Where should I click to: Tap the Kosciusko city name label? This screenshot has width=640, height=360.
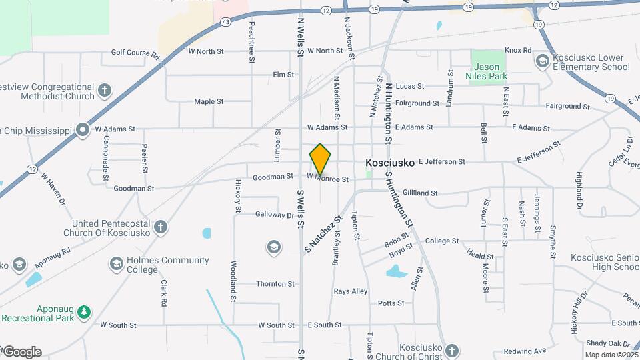coord(390,162)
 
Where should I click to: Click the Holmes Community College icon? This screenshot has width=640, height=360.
coord(117,265)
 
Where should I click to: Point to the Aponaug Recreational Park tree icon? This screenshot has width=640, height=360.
coord(83,312)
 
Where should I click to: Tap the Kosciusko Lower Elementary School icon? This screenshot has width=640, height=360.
coord(542,62)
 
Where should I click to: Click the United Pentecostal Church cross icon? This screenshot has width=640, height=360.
coord(160,228)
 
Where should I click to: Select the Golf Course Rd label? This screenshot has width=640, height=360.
coord(135,52)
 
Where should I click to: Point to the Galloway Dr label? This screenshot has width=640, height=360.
coord(274,215)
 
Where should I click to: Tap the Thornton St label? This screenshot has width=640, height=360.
coord(275,283)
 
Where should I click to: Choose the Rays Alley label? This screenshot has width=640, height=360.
coord(351,291)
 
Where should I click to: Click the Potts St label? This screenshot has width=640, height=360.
coord(391,303)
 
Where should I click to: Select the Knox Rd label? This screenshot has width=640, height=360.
coord(518,50)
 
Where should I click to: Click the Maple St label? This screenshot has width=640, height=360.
coord(209,101)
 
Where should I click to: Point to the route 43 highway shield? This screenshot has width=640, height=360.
coord(227,21)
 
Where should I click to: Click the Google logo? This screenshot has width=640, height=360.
coord(21,352)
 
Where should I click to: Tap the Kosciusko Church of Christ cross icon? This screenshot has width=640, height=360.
coord(452,350)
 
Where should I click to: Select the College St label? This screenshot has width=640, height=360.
coord(441,241)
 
